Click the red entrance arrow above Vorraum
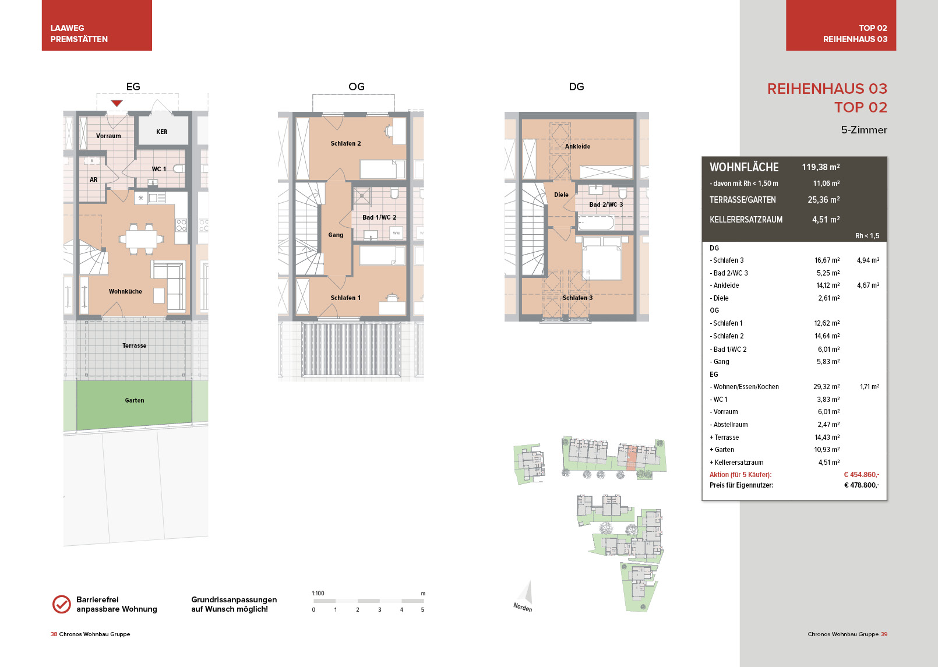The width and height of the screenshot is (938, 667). pyautogui.click(x=117, y=103)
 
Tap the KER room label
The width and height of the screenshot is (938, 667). pyautogui.click(x=161, y=132)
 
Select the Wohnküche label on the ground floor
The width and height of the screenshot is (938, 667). pyautogui.click(x=125, y=291)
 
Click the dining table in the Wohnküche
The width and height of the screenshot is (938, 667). pyautogui.click(x=142, y=239)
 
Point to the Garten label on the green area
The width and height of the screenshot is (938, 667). pyautogui.click(x=135, y=400)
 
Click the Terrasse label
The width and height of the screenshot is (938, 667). pyautogui.click(x=135, y=345)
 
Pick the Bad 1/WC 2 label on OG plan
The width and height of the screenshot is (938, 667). pyautogui.click(x=379, y=217)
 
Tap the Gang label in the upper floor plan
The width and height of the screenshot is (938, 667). pyautogui.click(x=336, y=235)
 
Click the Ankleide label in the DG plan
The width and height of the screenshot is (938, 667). pyautogui.click(x=577, y=146)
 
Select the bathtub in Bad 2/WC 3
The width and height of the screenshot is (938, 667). pyautogui.click(x=596, y=223)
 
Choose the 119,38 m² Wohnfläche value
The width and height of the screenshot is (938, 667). pyautogui.click(x=820, y=167)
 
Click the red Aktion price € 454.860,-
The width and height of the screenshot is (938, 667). pyautogui.click(x=861, y=474)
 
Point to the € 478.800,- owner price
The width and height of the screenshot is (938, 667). pyautogui.click(x=861, y=485)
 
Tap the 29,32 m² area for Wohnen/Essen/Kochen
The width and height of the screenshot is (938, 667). pyautogui.click(x=826, y=386)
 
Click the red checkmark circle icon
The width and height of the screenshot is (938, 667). pyautogui.click(x=62, y=604)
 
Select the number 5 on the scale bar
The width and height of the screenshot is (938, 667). pyautogui.click(x=422, y=610)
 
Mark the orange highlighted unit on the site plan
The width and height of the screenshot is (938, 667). pyautogui.click(x=630, y=458)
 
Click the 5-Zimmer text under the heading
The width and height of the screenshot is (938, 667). pyautogui.click(x=864, y=130)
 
